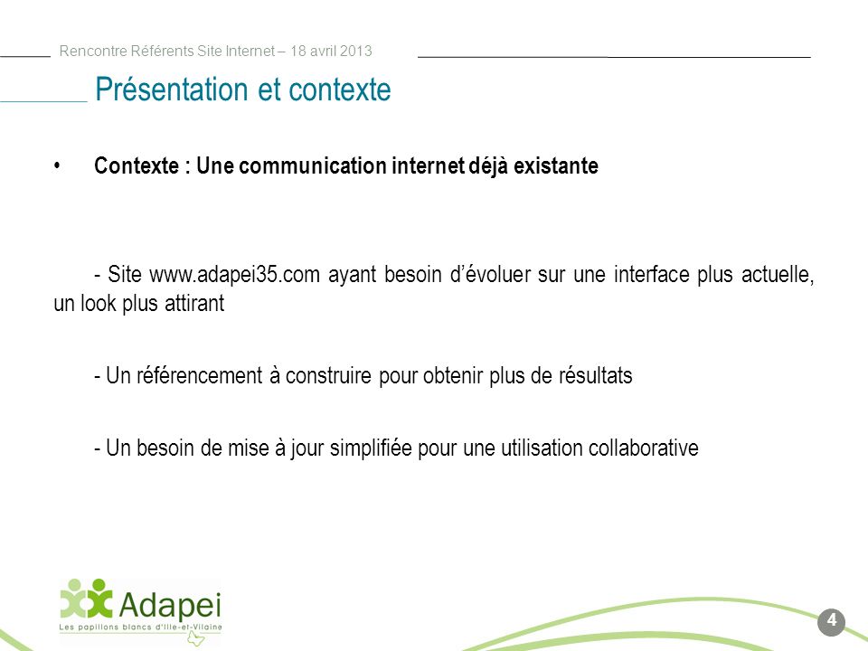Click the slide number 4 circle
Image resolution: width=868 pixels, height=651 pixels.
click(831, 622)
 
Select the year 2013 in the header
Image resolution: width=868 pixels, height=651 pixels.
click(356, 51)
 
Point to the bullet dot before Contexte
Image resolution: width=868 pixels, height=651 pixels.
click(57, 165)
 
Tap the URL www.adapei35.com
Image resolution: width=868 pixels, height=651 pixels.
click(235, 275)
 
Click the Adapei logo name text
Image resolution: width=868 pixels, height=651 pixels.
click(170, 605)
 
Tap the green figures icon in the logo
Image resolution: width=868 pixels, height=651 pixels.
click(87, 599)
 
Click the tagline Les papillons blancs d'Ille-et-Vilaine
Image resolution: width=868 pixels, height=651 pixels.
click(141, 627)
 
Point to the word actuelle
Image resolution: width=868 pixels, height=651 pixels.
click(778, 275)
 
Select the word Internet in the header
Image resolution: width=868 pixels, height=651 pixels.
click(250, 51)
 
